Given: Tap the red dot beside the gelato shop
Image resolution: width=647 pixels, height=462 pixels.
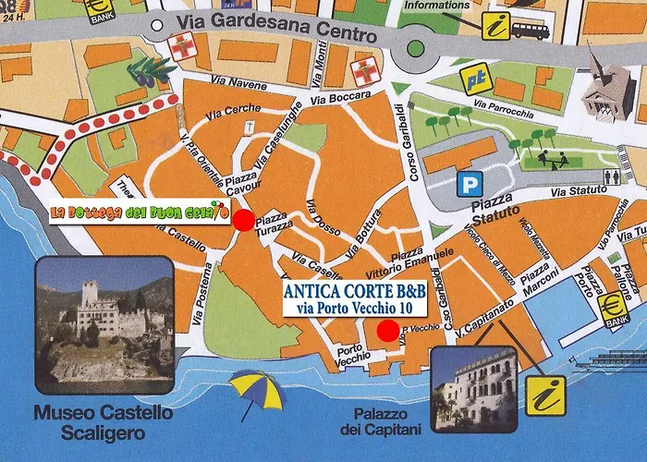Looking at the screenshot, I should pyautogui.click(x=242, y=220).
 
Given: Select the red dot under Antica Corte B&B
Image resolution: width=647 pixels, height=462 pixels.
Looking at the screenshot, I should pyautogui.click(x=388, y=330).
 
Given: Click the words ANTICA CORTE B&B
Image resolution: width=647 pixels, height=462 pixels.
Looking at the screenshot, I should pyautogui.click(x=354, y=291).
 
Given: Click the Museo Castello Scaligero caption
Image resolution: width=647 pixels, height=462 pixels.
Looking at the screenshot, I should pyautogui.click(x=103, y=421).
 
